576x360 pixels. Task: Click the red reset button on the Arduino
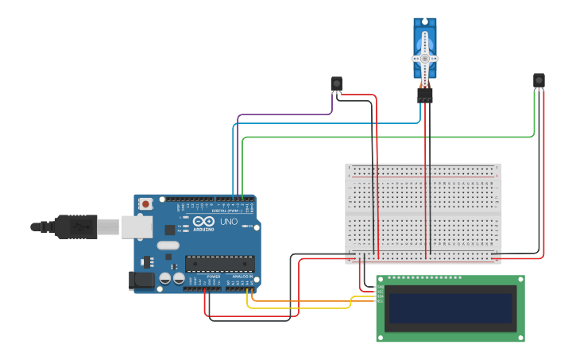[x=146, y=204]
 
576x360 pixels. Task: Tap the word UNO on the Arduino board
[x=229, y=222]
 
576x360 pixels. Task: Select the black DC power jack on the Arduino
[x=141, y=280]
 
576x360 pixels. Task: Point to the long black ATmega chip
[x=220, y=263]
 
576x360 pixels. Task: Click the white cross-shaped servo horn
[x=424, y=59]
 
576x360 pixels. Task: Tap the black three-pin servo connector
[x=425, y=95]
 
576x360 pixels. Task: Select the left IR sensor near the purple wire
[x=336, y=83]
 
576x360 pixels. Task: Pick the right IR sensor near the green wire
[x=539, y=80]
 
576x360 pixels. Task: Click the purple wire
[x=286, y=114]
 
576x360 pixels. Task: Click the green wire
[x=381, y=137]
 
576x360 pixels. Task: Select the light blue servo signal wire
[x=318, y=123]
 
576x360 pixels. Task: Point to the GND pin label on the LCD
[x=380, y=286]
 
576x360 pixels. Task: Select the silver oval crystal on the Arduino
[x=168, y=246]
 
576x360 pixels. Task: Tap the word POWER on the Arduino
[x=214, y=277]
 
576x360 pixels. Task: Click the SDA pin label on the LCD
[x=380, y=296]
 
